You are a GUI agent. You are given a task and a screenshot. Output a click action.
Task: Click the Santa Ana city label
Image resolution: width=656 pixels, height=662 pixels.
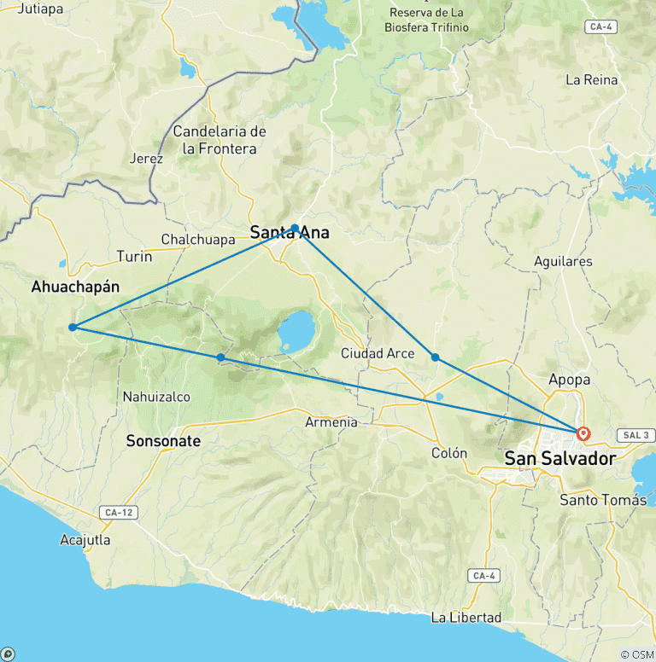pos(289,232)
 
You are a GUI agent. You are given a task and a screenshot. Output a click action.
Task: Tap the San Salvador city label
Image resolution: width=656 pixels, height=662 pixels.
pos(559,459)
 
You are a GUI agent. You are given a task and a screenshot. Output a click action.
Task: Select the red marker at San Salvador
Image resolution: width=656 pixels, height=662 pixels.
pos(583,433)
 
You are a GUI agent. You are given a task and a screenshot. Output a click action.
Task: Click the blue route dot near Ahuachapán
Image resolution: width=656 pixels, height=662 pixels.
pos(73,327)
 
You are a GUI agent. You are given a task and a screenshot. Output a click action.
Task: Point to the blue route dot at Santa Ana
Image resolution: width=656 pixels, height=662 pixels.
pos(295,228)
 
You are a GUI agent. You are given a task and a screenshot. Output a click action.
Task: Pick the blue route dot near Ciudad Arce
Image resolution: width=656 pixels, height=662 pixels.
pos(435,357)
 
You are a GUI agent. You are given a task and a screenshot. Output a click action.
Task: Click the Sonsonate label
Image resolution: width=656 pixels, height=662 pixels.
pos(163,441)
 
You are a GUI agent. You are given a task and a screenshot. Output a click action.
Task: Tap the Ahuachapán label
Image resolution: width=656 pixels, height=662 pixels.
pos(75,287)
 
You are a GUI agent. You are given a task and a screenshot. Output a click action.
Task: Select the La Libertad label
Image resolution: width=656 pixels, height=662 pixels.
pos(466,617)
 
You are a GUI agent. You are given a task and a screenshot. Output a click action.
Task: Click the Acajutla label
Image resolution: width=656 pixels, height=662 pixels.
pos(85,540)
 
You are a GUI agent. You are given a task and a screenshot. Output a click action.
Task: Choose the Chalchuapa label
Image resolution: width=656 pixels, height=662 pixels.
pos(198,240)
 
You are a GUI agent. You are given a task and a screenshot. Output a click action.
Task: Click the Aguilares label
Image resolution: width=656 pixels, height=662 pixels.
pos(562,261)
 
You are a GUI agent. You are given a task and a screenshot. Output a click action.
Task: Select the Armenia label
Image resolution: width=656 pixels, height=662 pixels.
pos(331,421)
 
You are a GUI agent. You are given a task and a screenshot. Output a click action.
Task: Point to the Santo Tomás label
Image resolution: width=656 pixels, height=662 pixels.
pos(603,500)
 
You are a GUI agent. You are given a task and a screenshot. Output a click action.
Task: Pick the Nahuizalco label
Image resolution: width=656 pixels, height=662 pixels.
pos(156,397)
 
